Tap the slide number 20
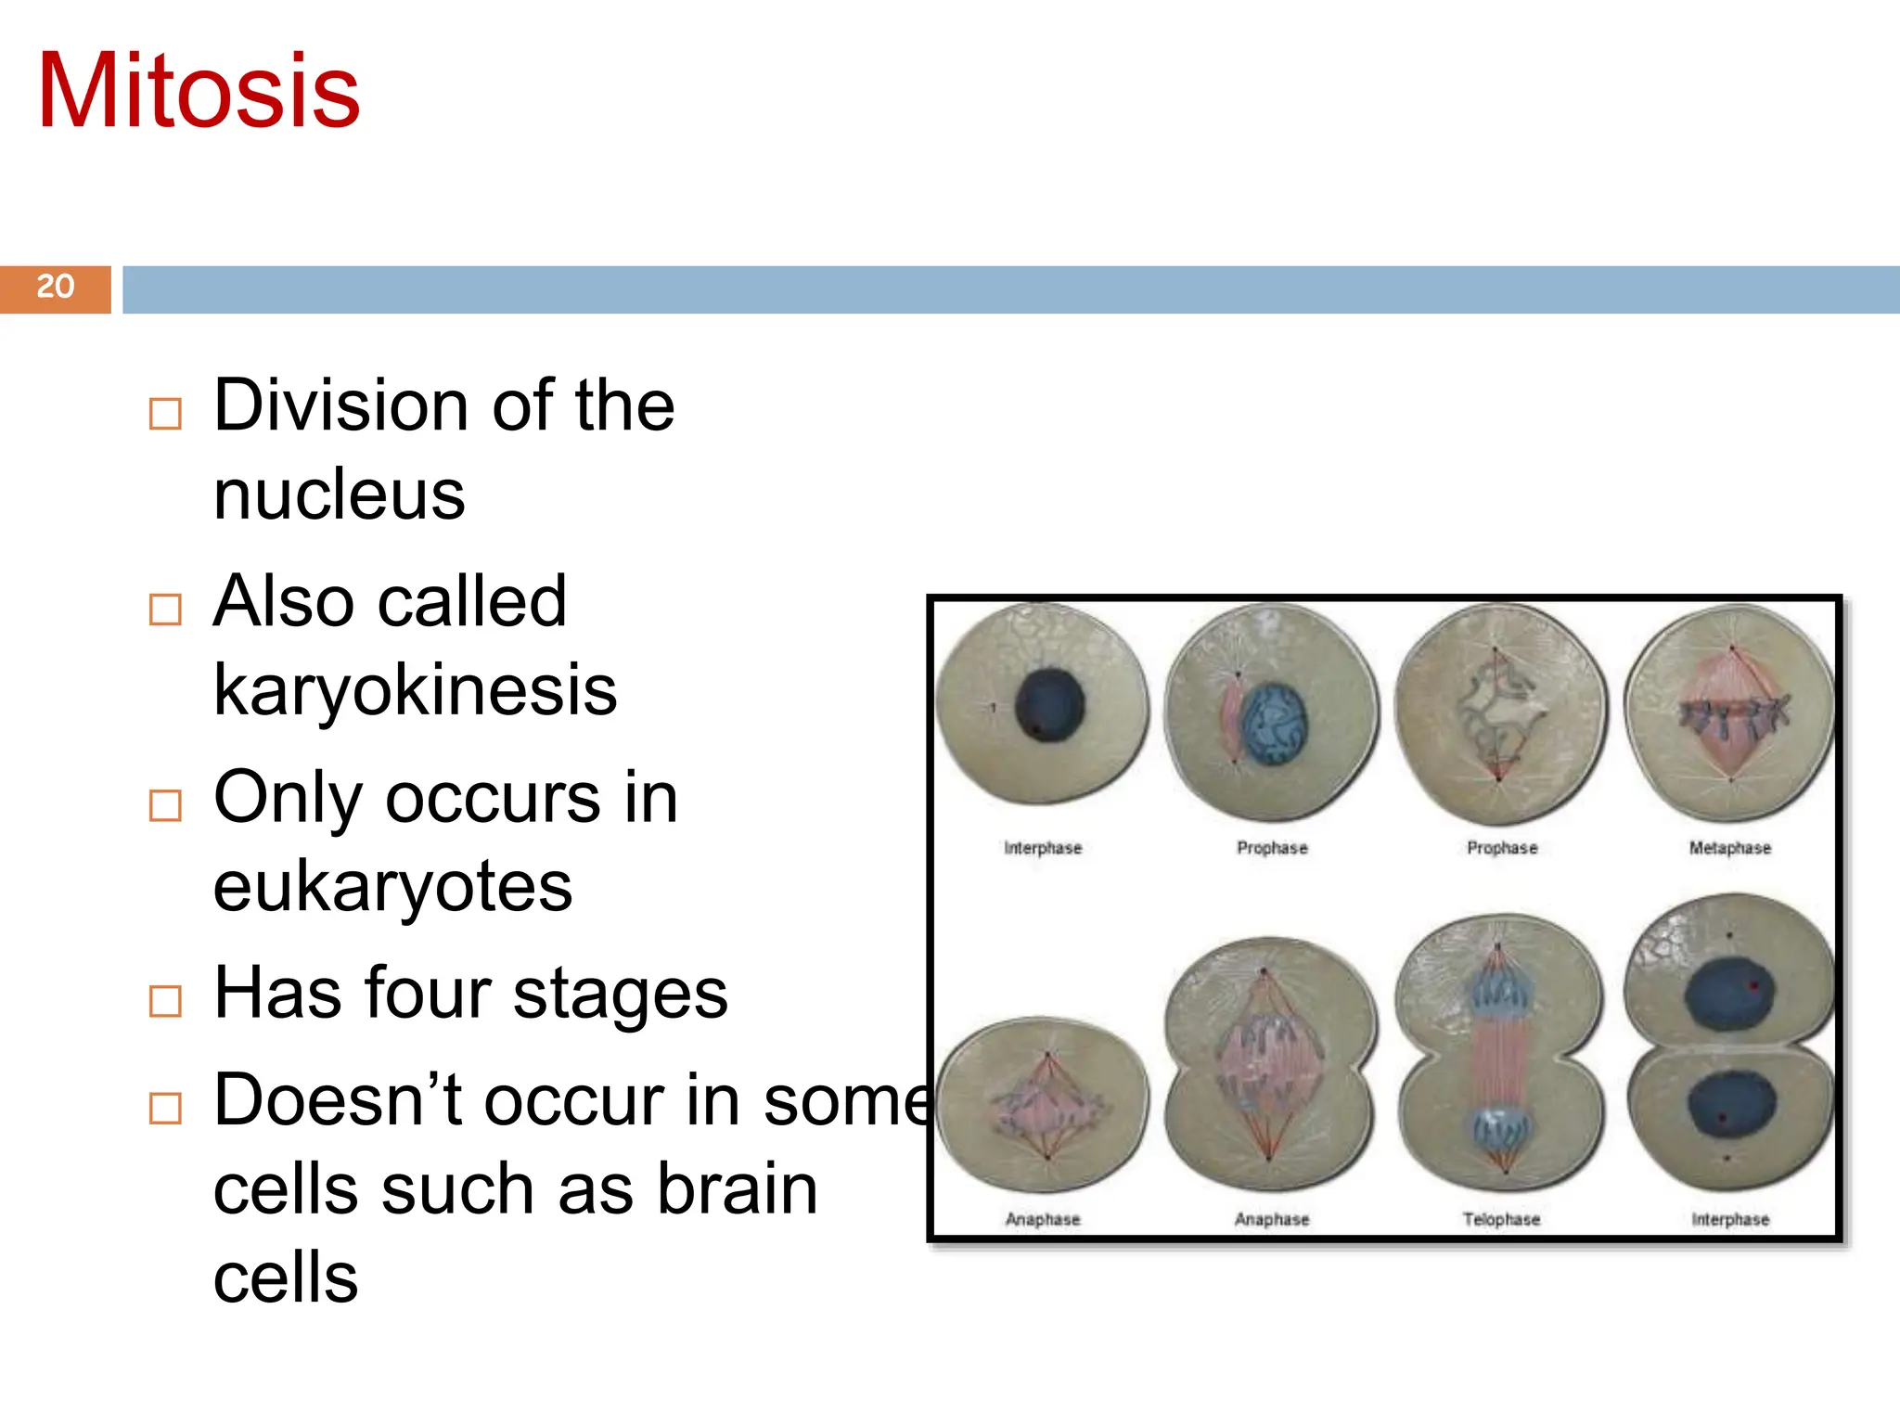(x=55, y=287)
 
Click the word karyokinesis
(x=415, y=690)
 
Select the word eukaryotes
(x=392, y=887)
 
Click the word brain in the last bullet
(x=737, y=1189)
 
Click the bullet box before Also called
(x=165, y=610)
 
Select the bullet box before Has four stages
(x=165, y=1001)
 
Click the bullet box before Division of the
(x=165, y=414)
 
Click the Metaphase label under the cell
(x=1729, y=848)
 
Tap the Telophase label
(x=1501, y=1219)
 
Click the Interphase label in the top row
(x=1043, y=848)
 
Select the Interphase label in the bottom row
(x=1730, y=1219)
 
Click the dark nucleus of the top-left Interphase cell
(x=1049, y=705)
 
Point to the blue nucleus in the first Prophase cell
(x=1276, y=724)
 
